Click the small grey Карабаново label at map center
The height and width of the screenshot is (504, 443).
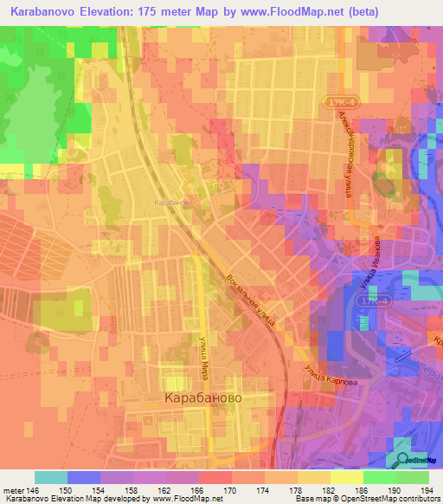(172, 202)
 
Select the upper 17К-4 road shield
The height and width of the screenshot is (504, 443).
(341, 102)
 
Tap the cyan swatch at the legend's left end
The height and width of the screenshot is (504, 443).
(50, 477)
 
